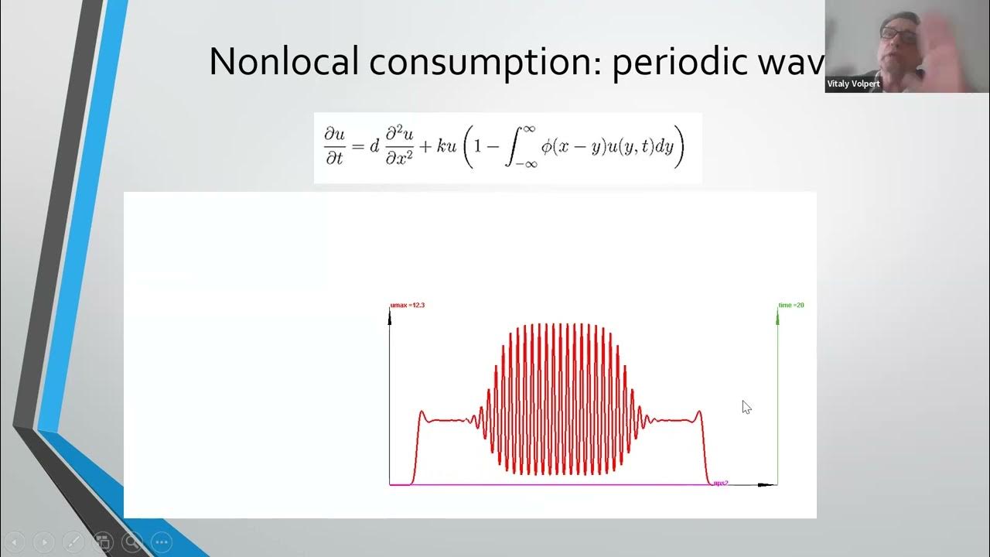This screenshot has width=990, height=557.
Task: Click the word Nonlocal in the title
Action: (284, 62)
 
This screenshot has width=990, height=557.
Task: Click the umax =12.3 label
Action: (408, 306)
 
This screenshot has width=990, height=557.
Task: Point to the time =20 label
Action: (792, 306)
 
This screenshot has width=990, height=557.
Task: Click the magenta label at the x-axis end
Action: (720, 483)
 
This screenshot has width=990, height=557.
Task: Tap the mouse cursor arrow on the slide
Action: (746, 407)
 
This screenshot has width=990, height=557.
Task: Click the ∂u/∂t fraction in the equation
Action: (335, 148)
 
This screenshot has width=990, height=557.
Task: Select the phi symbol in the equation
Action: (547, 147)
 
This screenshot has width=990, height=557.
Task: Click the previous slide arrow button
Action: (15, 542)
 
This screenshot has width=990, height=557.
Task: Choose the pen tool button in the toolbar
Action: (73, 542)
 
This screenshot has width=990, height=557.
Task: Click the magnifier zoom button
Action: (132, 542)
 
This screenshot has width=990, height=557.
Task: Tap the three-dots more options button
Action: (162, 542)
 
